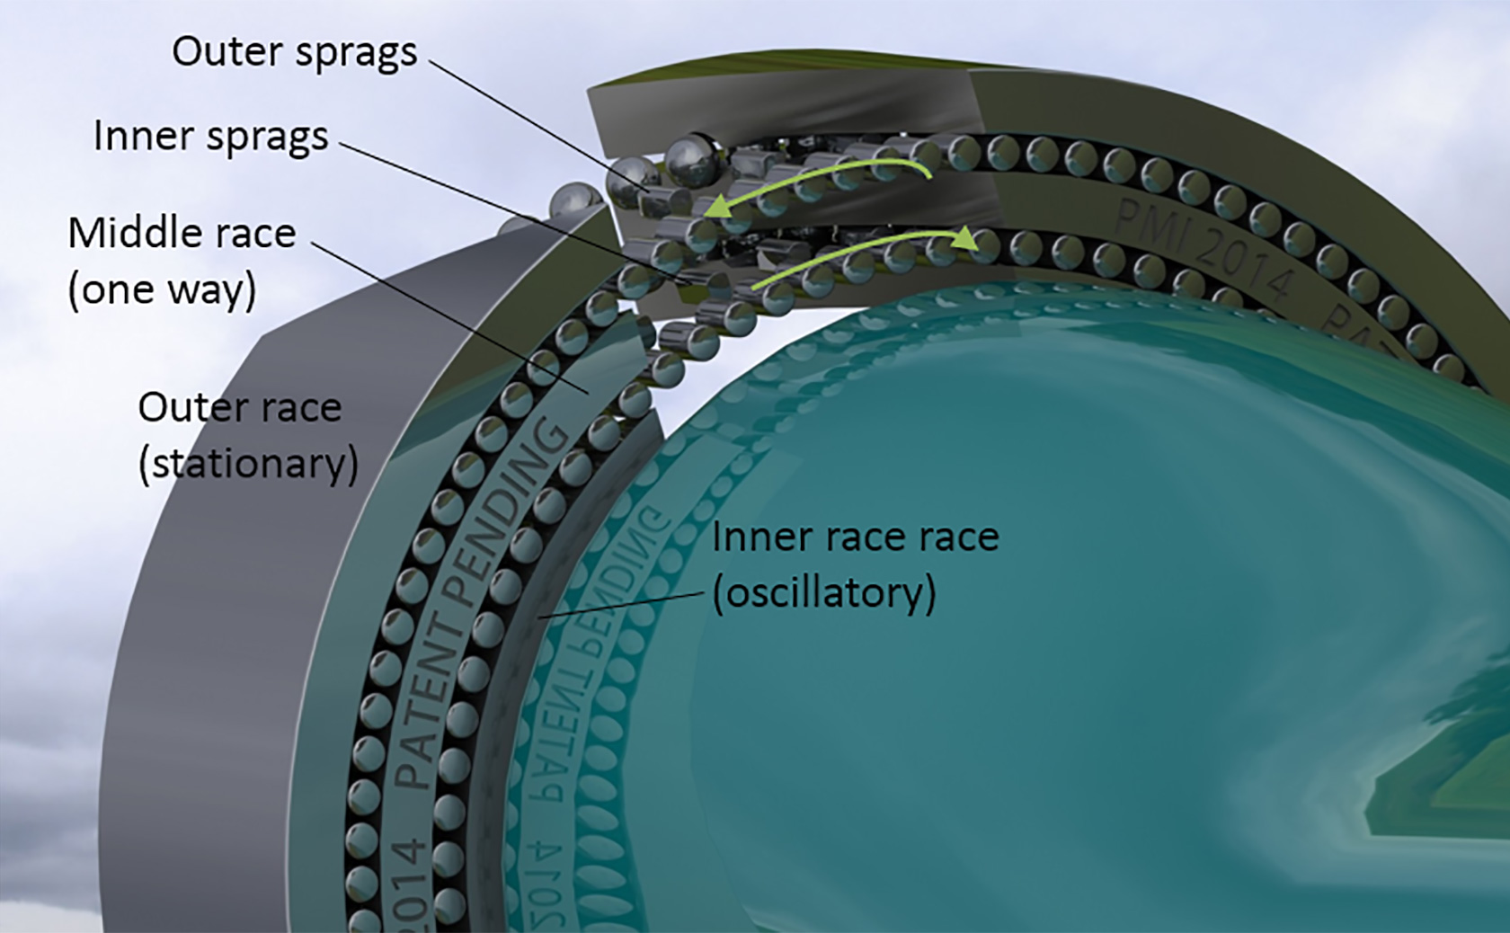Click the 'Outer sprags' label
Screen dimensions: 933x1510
click(294, 52)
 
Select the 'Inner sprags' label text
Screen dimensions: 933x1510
click(211, 137)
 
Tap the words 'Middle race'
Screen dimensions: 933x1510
click(182, 234)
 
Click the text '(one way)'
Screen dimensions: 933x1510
click(163, 290)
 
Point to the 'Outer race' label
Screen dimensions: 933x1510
click(239, 408)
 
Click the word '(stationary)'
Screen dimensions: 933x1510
click(248, 465)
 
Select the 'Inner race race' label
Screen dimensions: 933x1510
click(855, 538)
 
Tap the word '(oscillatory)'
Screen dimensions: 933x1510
click(824, 594)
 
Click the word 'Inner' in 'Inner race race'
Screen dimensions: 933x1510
click(752, 538)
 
